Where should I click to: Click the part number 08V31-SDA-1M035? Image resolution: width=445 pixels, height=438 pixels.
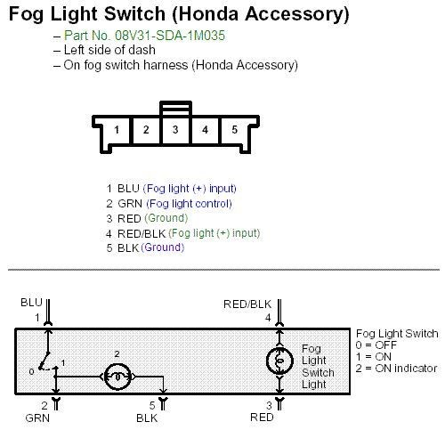coord(170,36)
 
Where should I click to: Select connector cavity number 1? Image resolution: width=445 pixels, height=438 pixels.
coord(117,130)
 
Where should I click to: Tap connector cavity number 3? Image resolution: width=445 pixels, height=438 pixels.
coord(175,130)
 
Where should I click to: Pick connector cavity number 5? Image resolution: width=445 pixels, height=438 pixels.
coord(234,130)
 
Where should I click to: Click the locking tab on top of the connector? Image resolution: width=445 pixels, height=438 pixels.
coord(175,108)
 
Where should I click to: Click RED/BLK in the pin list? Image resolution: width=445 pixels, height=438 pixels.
coord(142,233)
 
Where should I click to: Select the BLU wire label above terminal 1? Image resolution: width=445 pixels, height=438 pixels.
coord(31,303)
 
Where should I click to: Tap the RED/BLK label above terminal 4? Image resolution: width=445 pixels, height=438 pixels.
coord(247,304)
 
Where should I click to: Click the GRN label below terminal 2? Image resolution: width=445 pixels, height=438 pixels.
coord(37,418)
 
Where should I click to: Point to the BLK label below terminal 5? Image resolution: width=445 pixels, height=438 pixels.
coord(147,418)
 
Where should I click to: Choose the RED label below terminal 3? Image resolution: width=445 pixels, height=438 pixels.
coord(262,418)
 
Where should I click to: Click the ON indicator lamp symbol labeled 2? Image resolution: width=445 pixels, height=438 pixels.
coord(117,377)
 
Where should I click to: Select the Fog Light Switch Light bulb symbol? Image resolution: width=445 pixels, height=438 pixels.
coord(279,361)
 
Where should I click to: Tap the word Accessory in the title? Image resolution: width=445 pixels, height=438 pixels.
coord(297,14)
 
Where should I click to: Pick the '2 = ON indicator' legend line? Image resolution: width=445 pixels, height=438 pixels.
coord(396,369)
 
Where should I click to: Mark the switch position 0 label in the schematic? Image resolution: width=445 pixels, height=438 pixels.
coord(31,371)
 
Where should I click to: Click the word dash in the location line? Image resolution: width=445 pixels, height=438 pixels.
coord(142,50)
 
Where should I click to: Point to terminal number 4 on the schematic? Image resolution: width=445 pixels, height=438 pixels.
coord(268,318)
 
